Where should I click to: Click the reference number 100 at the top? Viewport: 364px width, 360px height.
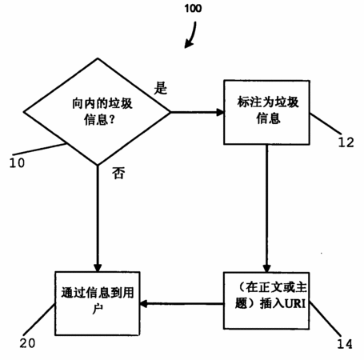193,9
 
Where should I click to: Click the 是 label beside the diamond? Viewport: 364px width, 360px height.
161,87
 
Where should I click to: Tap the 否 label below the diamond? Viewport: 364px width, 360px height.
118,173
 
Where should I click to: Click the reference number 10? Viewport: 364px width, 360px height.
17,162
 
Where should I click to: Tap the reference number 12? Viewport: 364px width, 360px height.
346,142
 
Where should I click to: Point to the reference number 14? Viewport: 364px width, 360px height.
345,344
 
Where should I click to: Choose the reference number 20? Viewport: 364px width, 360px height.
27,343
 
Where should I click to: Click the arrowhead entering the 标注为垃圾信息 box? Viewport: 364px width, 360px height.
220,112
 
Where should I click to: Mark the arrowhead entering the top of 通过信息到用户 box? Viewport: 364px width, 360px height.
98,268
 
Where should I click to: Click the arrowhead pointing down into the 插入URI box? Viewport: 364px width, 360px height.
266,269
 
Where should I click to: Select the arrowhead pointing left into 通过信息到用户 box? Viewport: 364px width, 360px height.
143,303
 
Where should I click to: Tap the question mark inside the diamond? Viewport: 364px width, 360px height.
112,120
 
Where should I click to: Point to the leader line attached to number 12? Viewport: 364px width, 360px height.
326,124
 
